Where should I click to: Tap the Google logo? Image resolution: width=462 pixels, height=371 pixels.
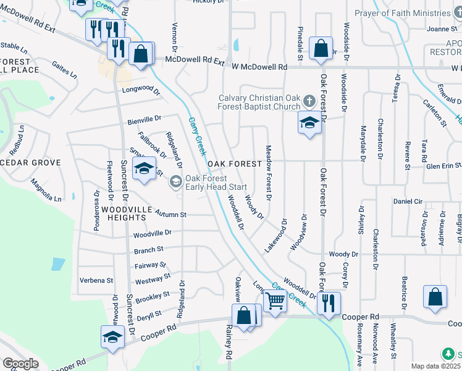(20, 364)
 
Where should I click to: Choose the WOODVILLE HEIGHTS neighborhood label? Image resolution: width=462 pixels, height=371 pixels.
(135, 210)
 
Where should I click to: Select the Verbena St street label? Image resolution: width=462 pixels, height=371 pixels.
(97, 280)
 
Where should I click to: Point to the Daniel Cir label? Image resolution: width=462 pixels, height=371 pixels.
(408, 202)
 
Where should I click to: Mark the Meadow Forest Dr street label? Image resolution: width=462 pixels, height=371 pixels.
(269, 173)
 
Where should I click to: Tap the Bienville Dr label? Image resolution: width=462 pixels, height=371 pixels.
(145, 118)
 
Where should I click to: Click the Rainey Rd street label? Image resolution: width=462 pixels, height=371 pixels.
(229, 343)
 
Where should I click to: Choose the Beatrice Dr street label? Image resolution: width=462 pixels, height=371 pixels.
(403, 293)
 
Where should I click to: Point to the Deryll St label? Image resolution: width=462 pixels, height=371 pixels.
(148, 313)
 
